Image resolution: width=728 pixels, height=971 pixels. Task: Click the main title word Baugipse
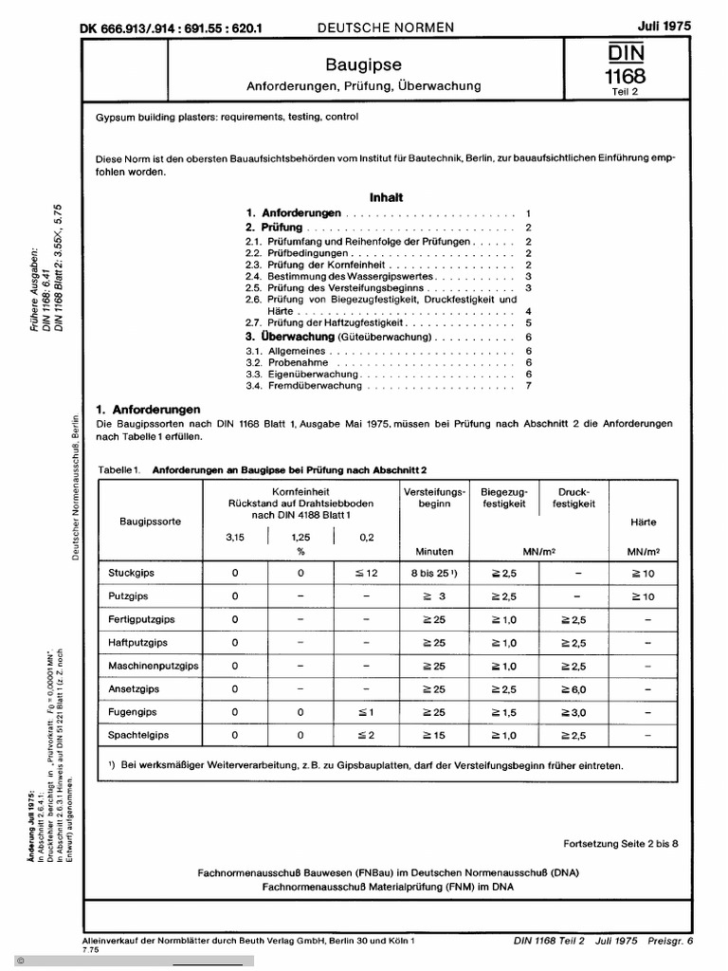tap(363, 64)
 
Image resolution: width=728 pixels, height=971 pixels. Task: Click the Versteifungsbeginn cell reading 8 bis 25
tap(433, 574)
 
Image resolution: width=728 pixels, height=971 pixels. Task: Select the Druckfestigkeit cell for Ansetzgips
tap(573, 689)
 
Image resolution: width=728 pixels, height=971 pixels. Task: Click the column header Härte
tap(643, 522)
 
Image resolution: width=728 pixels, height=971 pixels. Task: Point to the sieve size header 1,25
tap(300, 538)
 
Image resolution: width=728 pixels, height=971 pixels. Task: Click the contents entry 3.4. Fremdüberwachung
tap(302, 386)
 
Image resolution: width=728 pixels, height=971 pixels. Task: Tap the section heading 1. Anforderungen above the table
tap(149, 409)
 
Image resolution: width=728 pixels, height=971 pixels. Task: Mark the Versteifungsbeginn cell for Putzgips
tap(433, 596)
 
